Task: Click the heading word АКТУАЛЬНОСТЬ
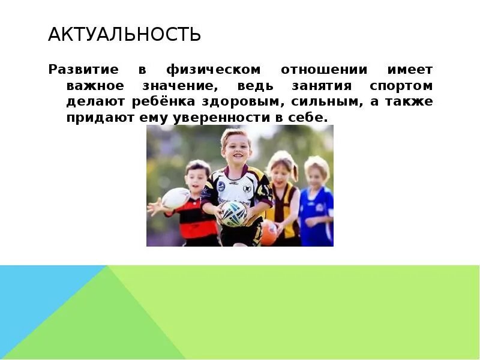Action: coord(124,34)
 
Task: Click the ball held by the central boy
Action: coord(233,212)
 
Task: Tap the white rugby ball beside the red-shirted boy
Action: coord(176,198)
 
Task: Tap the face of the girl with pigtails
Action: coord(280,169)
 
